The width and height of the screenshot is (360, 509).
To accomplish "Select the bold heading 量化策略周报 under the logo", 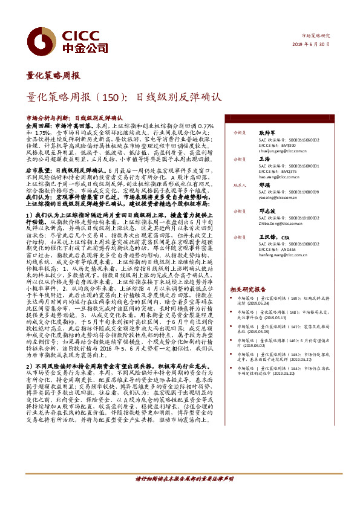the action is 53,76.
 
